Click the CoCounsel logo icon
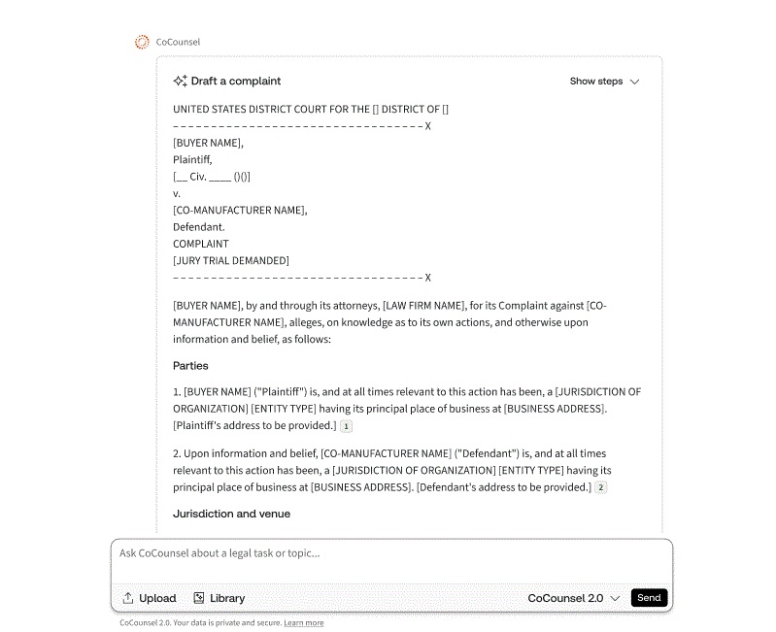142,42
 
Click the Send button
649,598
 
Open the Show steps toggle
604,82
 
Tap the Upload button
149,598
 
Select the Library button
219,598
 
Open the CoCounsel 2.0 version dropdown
573,598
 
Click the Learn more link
304,623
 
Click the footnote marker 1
347,426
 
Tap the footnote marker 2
601,487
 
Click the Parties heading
190,366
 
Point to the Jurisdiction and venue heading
231,514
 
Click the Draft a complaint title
236,82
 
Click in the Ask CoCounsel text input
388,553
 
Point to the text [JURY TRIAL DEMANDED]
231,260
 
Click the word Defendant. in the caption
198,227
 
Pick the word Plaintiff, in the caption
192,159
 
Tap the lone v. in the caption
177,193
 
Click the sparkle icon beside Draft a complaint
180,82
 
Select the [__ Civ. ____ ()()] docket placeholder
212,177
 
